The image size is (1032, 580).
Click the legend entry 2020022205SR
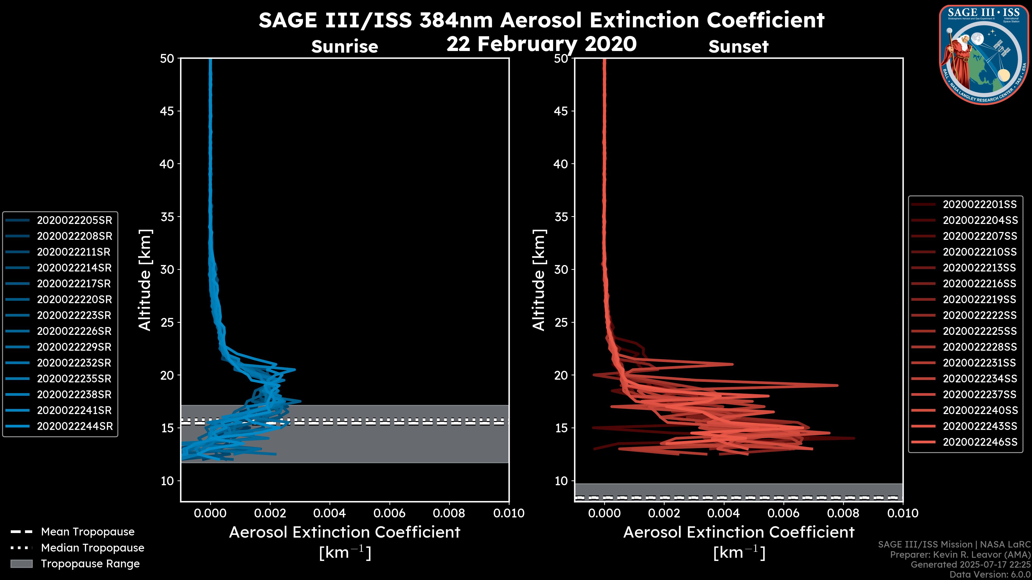pos(74,220)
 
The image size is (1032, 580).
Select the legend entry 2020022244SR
pos(74,426)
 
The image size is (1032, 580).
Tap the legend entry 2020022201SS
pos(980,205)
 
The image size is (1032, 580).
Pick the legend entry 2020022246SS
pos(980,442)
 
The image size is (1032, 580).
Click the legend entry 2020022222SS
pos(980,316)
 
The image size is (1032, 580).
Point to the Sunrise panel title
pos(345,47)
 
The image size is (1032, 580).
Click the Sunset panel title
pos(738,47)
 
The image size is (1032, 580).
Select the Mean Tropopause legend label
pos(88,532)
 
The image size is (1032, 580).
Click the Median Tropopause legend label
pos(92,548)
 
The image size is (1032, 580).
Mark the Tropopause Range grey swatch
pos(21,564)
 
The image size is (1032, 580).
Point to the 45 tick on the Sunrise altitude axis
pos(167,111)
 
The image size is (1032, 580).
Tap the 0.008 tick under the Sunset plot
pos(843,513)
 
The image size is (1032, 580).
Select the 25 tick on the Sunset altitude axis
pos(561,322)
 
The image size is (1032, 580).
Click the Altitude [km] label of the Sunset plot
pos(539,280)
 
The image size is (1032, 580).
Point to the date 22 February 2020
pos(541,44)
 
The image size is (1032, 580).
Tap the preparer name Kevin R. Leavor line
pos(960,555)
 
